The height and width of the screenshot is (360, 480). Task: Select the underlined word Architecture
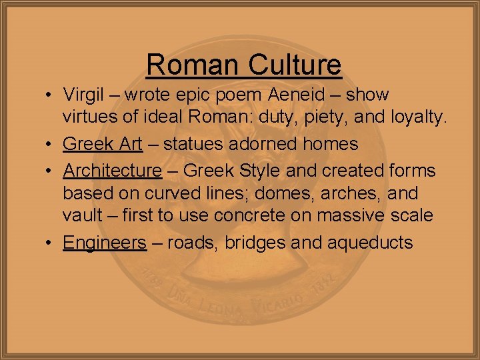point(112,171)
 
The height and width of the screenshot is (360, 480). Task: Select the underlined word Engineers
point(104,243)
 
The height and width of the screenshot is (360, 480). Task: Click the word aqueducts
point(370,243)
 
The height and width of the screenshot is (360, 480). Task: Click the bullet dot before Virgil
point(51,95)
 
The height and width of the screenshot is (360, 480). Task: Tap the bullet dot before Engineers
point(51,242)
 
